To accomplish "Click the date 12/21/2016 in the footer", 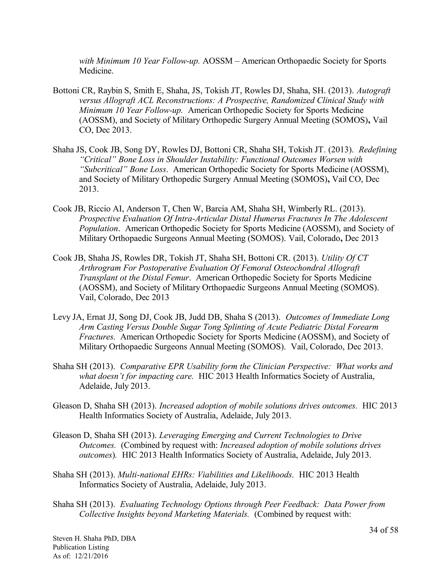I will pos(92,556).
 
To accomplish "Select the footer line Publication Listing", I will pos(81,547).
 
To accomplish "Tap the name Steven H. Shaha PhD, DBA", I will pos(94,539).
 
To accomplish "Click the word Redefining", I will pos(378,149).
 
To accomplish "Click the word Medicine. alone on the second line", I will pos(96,71).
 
